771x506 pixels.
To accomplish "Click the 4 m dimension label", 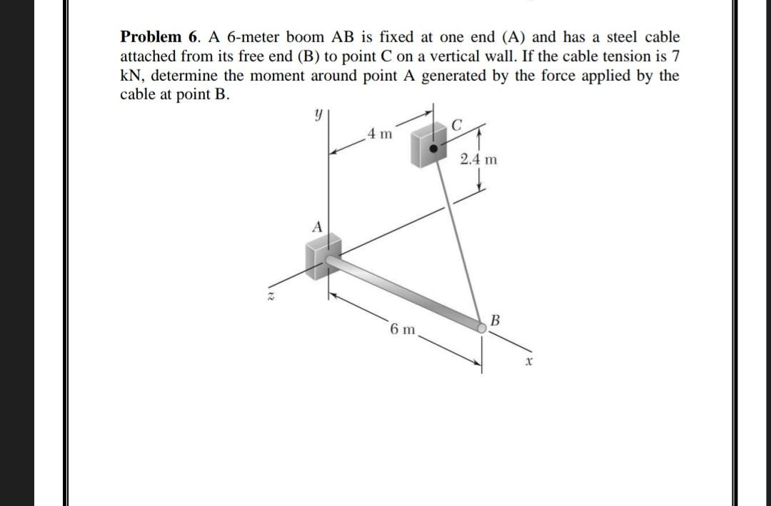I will coord(378,134).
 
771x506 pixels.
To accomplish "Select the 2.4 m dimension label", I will coord(478,159).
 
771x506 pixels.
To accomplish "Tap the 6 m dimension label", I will coord(403,329).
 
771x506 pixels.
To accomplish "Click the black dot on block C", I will coord(433,149).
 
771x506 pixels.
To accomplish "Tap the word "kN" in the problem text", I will coord(131,76).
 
